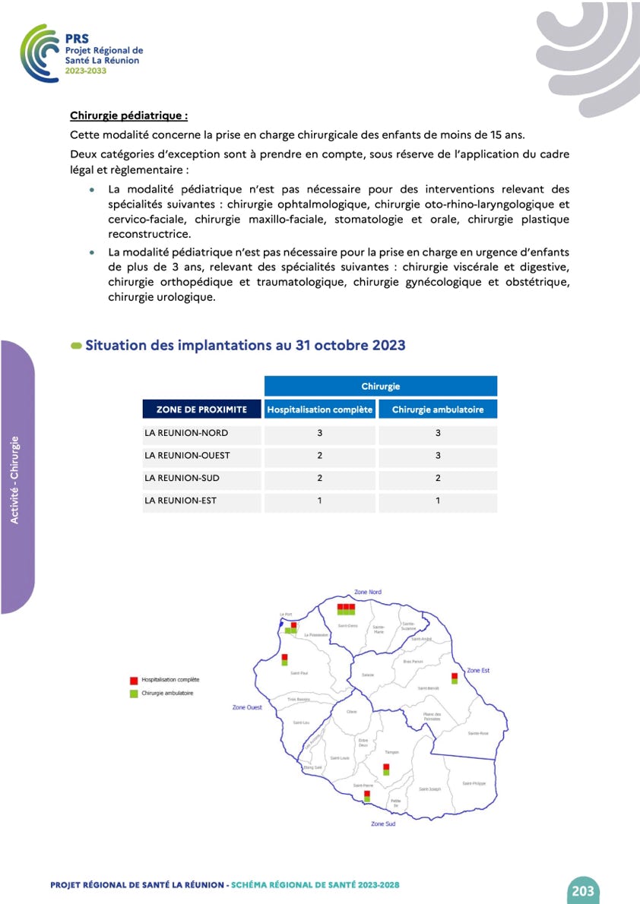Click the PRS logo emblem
tap(40, 52)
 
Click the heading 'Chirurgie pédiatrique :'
tap(128, 116)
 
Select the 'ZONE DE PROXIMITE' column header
tap(201, 409)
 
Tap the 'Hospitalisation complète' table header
tap(320, 409)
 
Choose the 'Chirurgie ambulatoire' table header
tap(438, 409)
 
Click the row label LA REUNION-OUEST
tap(187, 456)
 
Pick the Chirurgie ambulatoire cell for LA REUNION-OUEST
tap(438, 456)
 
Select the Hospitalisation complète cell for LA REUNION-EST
tap(320, 501)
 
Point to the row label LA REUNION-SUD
tap(183, 479)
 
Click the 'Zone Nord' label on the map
tap(368, 592)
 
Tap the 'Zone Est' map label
tap(478, 670)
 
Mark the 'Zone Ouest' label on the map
tap(247, 707)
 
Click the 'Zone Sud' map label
tap(383, 823)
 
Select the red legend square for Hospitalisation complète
tap(134, 680)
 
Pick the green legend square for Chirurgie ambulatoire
tap(134, 693)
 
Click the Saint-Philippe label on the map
tap(474, 783)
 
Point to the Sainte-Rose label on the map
tap(478, 733)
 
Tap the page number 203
tap(583, 890)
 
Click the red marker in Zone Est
tap(455, 675)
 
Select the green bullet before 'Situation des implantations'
tap(76, 346)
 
